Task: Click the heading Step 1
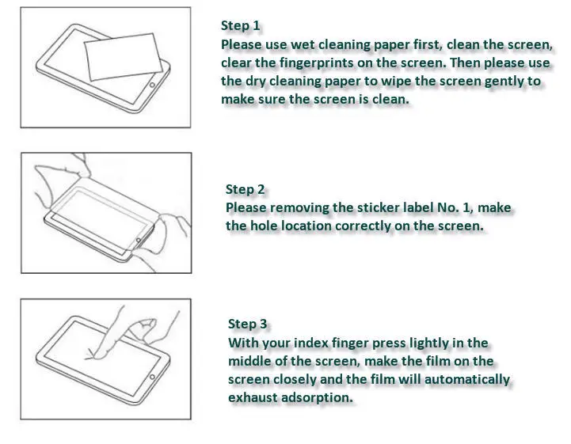pyautogui.click(x=240, y=25)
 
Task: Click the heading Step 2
pyautogui.click(x=245, y=189)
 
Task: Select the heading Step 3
pyautogui.click(x=247, y=324)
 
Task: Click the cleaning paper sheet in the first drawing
pyautogui.click(x=123, y=56)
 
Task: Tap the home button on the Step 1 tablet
pyautogui.click(x=152, y=85)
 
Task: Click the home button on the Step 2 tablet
pyautogui.click(x=139, y=241)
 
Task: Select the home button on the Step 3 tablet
pyautogui.click(x=152, y=377)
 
